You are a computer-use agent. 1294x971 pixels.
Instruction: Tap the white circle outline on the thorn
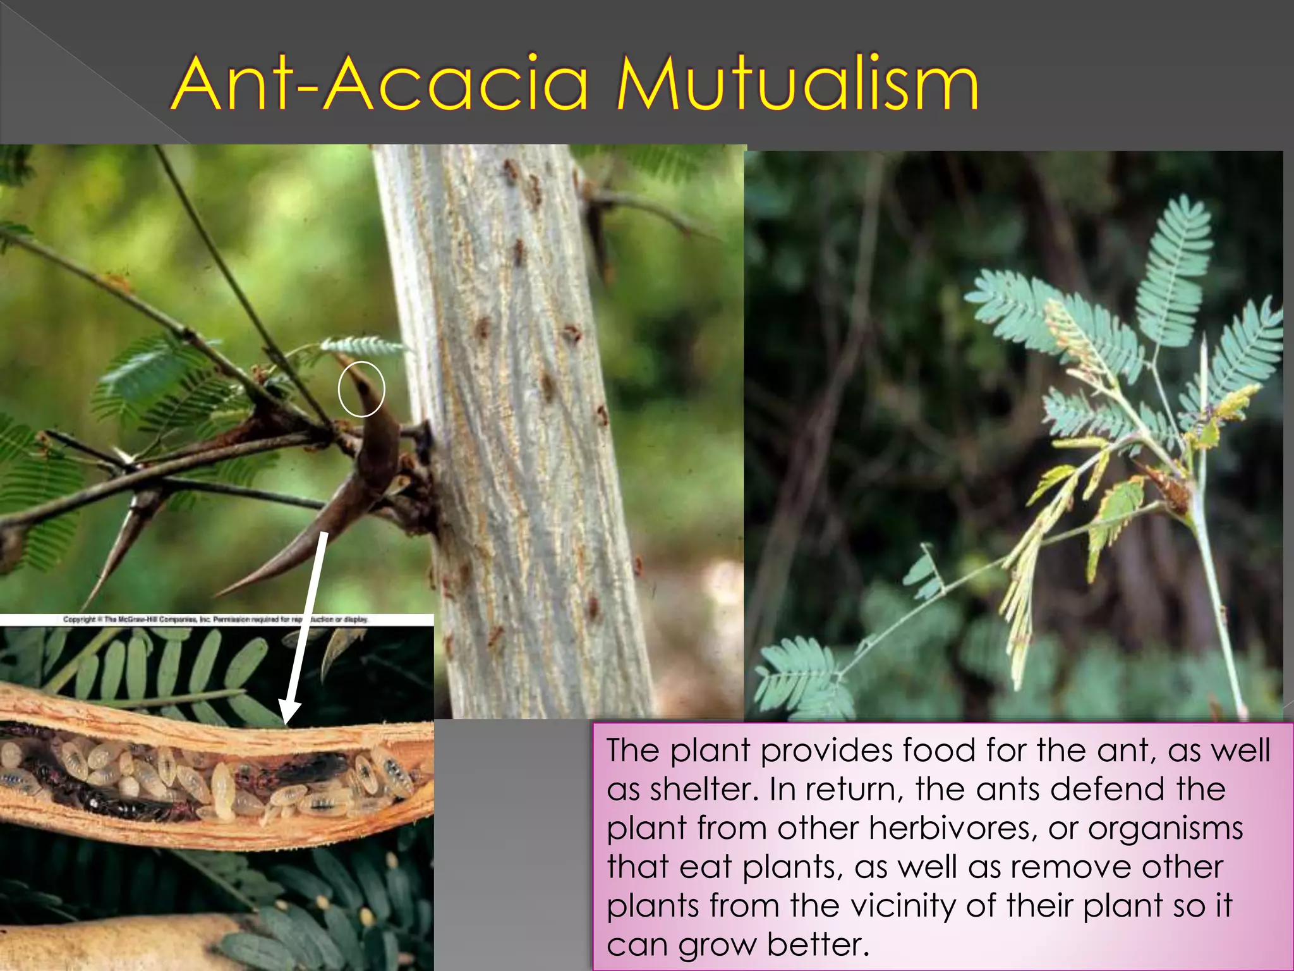pyautogui.click(x=361, y=389)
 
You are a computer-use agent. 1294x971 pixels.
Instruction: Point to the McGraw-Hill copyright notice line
pyautogui.click(x=215, y=620)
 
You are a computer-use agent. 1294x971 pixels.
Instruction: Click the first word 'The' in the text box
pyautogui.click(x=633, y=750)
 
